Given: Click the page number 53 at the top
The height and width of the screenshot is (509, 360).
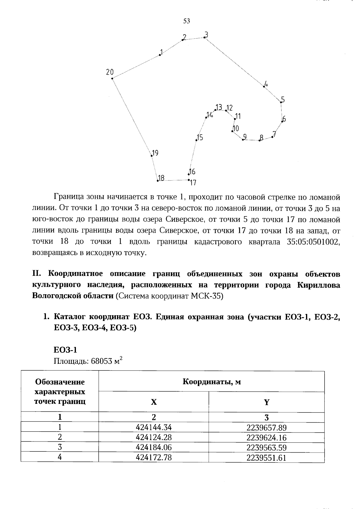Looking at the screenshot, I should [186, 21].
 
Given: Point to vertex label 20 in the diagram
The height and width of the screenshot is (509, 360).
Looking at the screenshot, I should [109, 72].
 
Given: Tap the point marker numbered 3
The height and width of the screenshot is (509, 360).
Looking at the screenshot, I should [205, 37].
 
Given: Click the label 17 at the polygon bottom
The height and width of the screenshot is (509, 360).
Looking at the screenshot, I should [193, 182].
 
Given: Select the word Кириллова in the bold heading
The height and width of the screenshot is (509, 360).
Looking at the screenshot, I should [319, 285].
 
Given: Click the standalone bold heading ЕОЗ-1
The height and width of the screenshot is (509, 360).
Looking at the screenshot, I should [65, 350].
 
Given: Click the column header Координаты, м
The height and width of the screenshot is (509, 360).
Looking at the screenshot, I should [211, 382].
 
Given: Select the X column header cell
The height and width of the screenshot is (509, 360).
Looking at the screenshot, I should [154, 402].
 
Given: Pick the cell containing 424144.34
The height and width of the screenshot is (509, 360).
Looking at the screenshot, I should [154, 427].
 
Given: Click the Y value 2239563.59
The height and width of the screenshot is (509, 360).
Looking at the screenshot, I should [266, 448].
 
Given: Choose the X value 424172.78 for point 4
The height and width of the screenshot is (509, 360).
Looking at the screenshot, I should [154, 457].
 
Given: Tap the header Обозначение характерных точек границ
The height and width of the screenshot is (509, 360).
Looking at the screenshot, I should [60, 392].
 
